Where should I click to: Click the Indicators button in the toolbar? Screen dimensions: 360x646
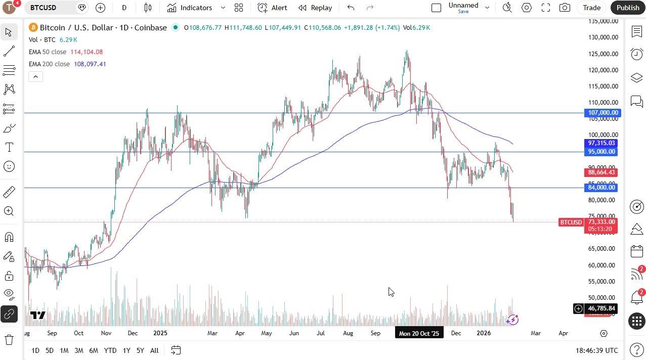(x=190, y=8)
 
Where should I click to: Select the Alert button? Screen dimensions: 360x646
(x=273, y=8)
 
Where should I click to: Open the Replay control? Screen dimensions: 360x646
(x=315, y=8)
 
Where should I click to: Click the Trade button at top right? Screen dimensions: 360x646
(x=591, y=8)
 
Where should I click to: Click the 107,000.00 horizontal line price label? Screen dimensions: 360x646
(x=602, y=113)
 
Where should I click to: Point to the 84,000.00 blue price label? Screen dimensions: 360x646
(x=601, y=188)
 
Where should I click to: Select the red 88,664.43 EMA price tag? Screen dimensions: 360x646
(x=601, y=172)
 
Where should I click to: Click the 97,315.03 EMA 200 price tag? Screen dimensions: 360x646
(x=601, y=143)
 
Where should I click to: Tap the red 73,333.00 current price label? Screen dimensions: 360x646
(x=601, y=222)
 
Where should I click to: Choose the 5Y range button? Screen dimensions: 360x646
(x=140, y=350)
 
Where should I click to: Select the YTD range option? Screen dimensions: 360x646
(x=110, y=350)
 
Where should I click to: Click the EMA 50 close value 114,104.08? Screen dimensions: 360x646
(x=87, y=52)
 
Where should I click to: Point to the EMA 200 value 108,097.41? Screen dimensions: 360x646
(x=90, y=64)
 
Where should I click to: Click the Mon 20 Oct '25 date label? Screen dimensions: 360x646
(x=419, y=333)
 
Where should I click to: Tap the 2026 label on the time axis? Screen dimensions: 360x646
(x=484, y=333)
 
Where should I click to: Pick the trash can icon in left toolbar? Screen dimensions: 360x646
(x=9, y=339)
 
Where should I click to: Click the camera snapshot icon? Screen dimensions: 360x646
(x=565, y=8)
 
